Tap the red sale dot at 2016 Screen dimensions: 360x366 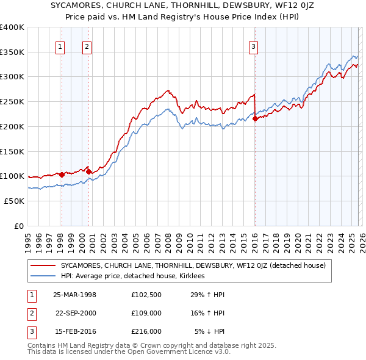coord(254,118)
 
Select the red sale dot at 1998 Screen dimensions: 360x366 coord(62,175)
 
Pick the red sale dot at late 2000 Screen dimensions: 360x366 coord(89,171)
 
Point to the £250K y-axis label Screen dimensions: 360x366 coord(12,101)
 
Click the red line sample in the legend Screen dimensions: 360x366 coord(43,265)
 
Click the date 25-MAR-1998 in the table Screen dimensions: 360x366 coord(74,295)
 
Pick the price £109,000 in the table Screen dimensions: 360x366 coord(146,313)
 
